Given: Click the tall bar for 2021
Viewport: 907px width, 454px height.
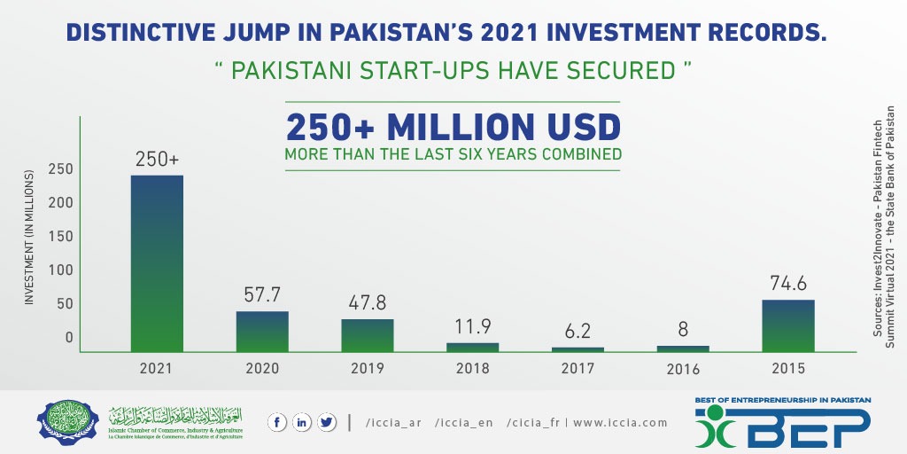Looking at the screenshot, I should [157, 262].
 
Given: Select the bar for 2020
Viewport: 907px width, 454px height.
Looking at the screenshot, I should [262, 331].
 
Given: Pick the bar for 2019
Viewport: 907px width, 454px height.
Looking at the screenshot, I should [368, 334].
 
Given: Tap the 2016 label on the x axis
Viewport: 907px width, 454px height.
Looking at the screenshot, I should [682, 369].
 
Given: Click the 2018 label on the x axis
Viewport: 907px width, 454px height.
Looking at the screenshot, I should [472, 368].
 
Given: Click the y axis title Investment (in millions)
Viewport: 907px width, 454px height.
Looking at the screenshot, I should [28, 238].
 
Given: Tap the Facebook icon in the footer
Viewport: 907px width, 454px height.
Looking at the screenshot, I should [277, 423].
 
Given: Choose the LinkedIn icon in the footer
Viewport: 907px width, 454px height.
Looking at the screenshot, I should [302, 423].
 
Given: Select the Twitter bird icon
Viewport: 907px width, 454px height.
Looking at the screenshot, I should [327, 423].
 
